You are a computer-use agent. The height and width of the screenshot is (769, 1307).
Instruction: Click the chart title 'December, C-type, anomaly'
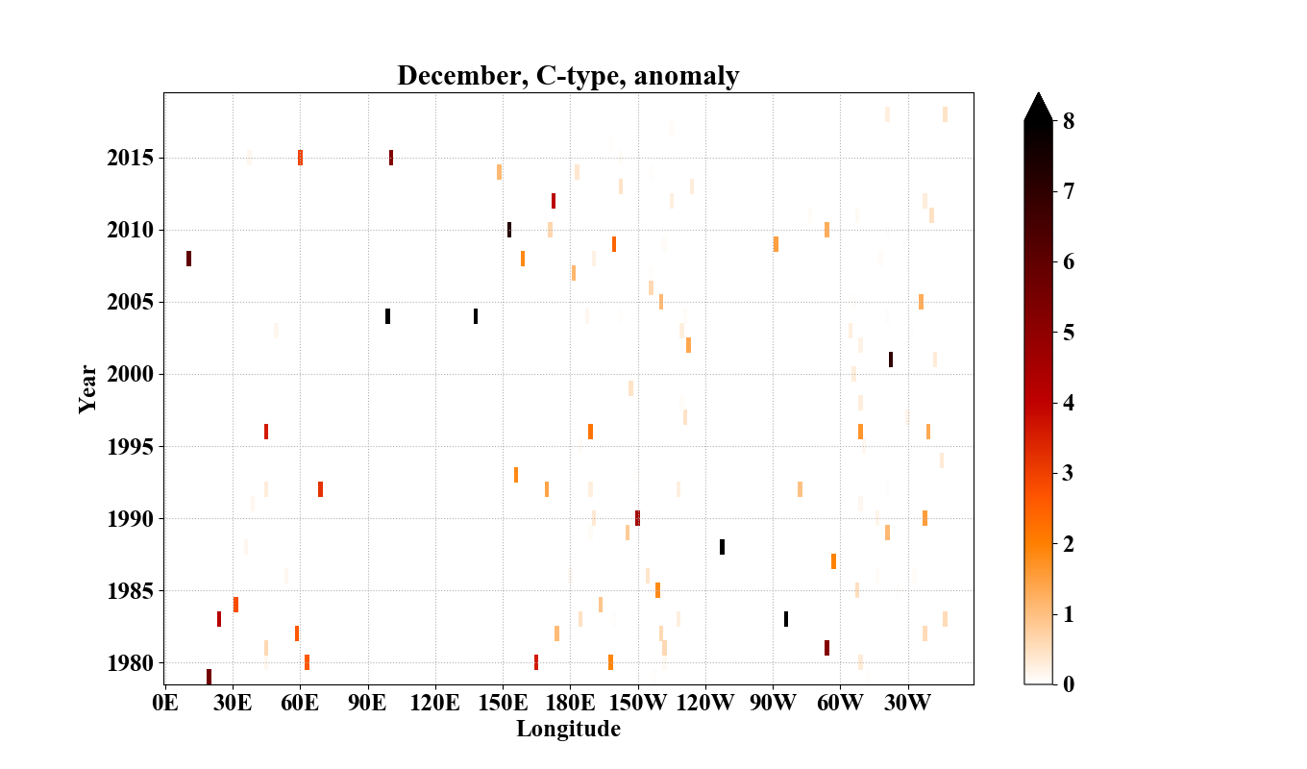pyautogui.click(x=568, y=75)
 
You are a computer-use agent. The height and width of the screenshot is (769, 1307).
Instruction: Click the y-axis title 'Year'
pyautogui.click(x=87, y=388)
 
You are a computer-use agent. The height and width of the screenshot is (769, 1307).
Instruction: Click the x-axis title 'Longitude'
pyautogui.click(x=568, y=729)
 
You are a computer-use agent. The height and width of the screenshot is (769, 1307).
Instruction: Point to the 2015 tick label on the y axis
pyautogui.click(x=130, y=158)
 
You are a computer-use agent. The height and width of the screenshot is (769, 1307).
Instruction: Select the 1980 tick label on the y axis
pyautogui.click(x=130, y=663)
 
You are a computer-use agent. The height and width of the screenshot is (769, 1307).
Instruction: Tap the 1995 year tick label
pyautogui.click(x=130, y=447)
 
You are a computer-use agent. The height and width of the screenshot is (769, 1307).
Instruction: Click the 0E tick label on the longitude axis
pyautogui.click(x=165, y=703)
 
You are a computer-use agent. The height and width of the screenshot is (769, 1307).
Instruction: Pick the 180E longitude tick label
pyautogui.click(x=570, y=703)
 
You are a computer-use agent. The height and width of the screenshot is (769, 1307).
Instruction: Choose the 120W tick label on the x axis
pyautogui.click(x=705, y=703)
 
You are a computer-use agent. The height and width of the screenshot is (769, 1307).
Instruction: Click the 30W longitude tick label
pyautogui.click(x=907, y=703)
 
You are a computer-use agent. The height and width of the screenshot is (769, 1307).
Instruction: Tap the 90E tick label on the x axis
pyautogui.click(x=367, y=703)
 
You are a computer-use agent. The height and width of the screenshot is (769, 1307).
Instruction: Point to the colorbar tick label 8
pyautogui.click(x=1067, y=121)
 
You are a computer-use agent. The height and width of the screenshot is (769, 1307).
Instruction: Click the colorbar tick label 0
pyautogui.click(x=1067, y=684)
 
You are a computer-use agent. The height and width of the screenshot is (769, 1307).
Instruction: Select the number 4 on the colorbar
pyautogui.click(x=1067, y=403)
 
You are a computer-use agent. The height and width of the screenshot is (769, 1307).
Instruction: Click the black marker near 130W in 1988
pyautogui.click(x=722, y=547)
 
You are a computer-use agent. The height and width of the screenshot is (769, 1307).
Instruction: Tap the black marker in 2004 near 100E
pyautogui.click(x=387, y=316)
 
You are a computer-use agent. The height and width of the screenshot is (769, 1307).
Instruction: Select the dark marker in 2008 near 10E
pyautogui.click(x=188, y=259)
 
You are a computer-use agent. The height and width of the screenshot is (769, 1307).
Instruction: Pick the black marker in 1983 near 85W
pyautogui.click(x=785, y=619)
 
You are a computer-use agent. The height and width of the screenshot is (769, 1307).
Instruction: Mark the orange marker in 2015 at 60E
pyautogui.click(x=300, y=158)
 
